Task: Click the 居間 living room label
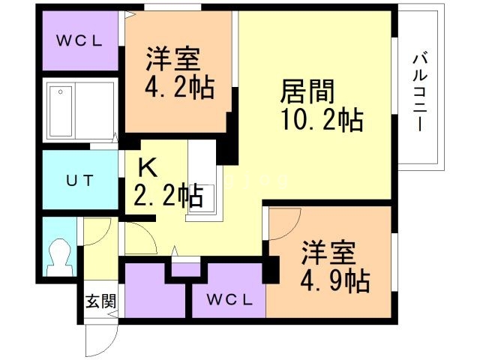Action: pyautogui.click(x=307, y=91)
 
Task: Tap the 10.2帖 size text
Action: pyautogui.click(x=322, y=120)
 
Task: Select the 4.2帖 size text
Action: pyautogui.click(x=179, y=87)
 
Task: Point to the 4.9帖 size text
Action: pyautogui.click(x=335, y=281)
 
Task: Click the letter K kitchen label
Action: pyautogui.click(x=148, y=167)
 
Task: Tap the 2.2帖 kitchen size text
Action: pyautogui.click(x=168, y=195)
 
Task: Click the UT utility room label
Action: pyautogui.click(x=79, y=181)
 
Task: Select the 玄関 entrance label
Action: pyautogui.click(x=100, y=301)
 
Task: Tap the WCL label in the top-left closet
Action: pyautogui.click(x=79, y=40)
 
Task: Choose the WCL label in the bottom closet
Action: pyautogui.click(x=229, y=300)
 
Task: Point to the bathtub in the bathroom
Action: pyautogui.click(x=61, y=111)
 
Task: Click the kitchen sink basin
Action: pyautogui.click(x=202, y=199)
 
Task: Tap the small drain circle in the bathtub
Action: pyautogui.click(x=61, y=91)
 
